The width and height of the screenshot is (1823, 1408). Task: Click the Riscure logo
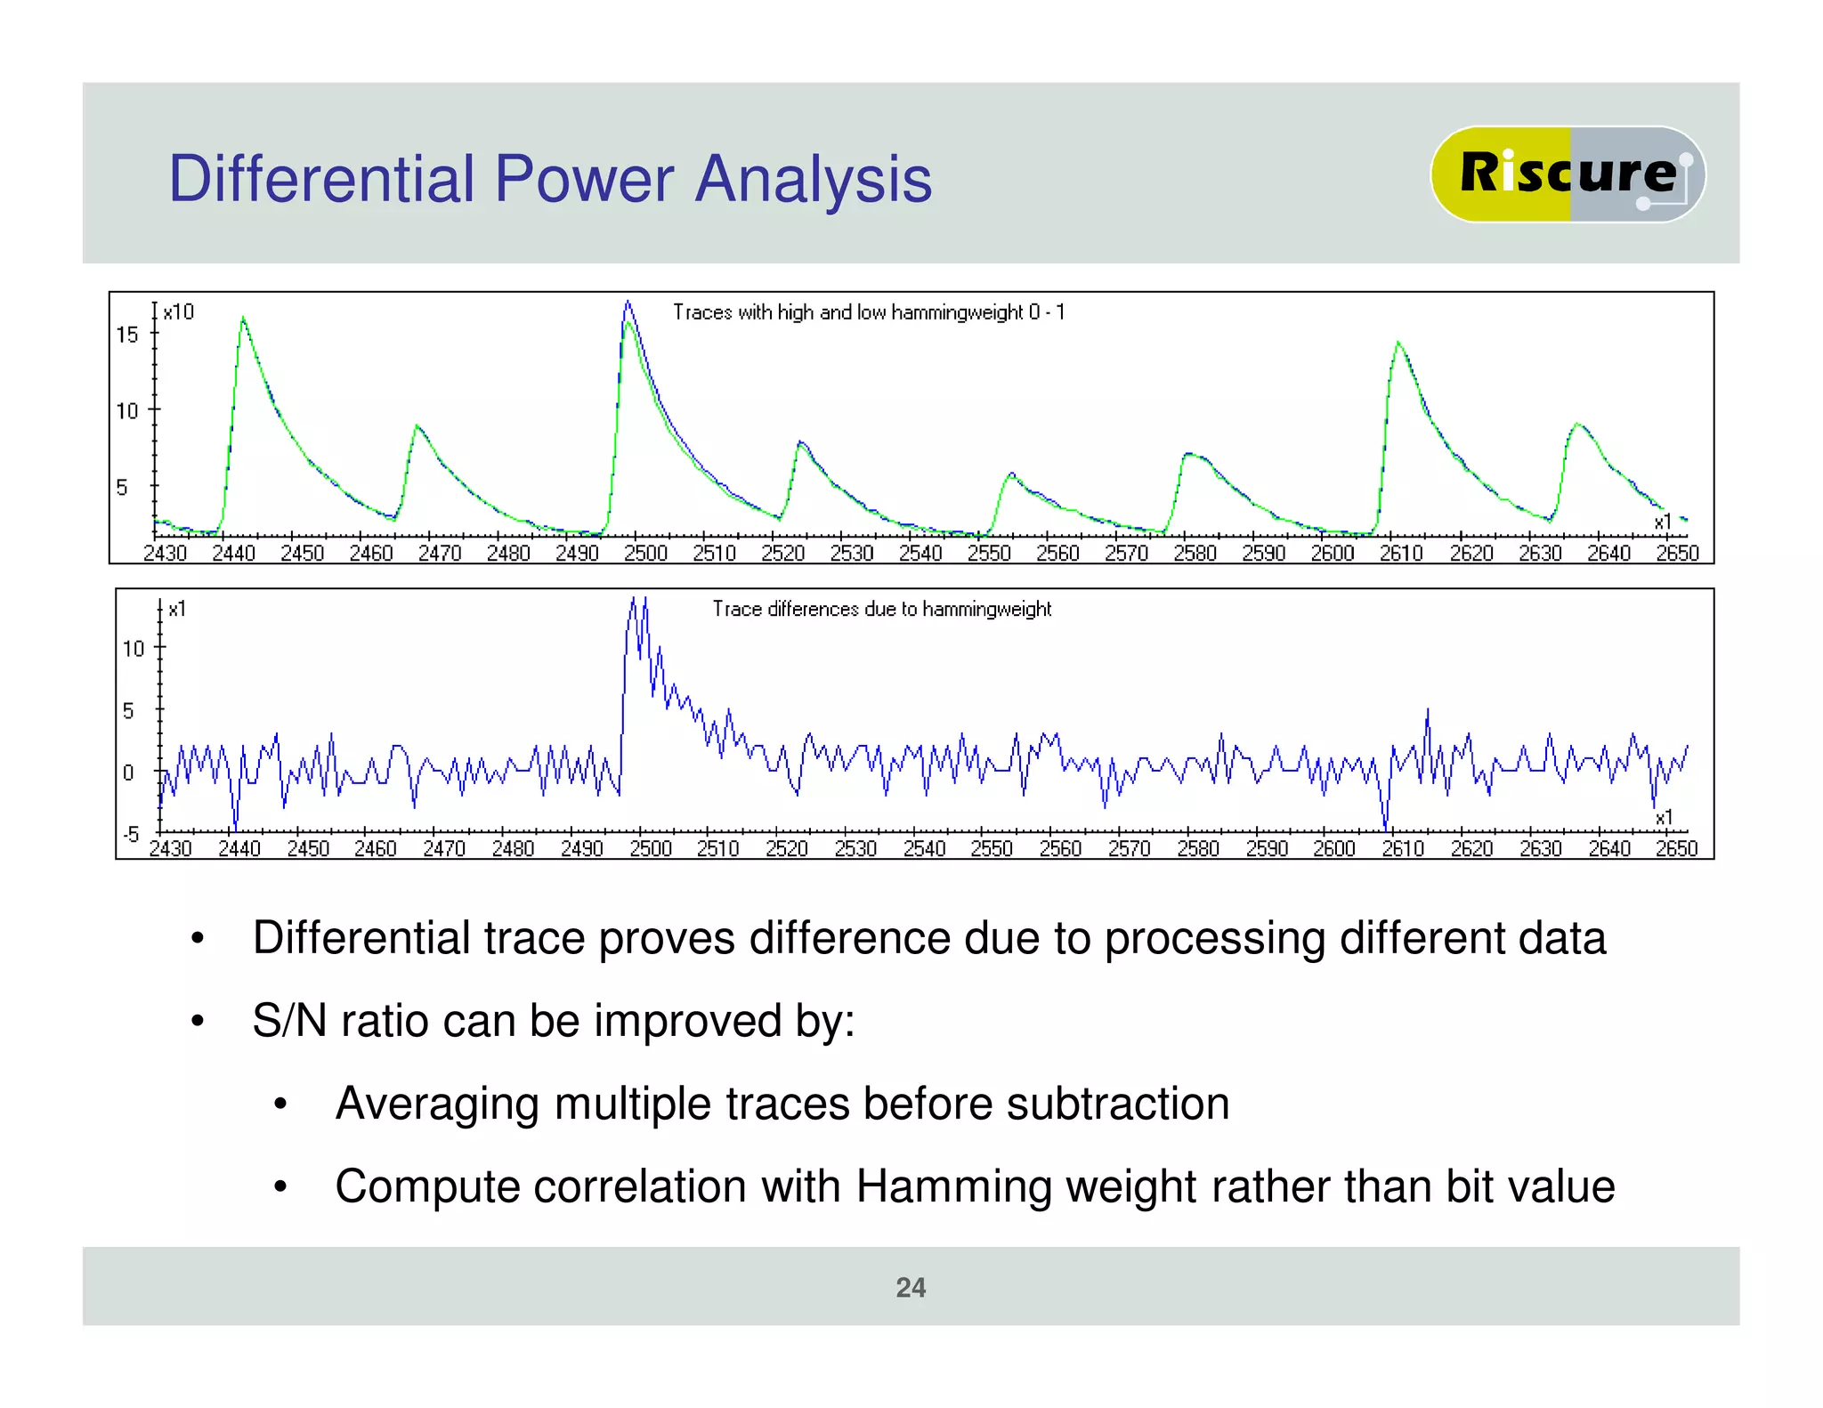pyautogui.click(x=1567, y=174)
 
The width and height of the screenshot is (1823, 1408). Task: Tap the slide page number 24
pyautogui.click(x=911, y=1288)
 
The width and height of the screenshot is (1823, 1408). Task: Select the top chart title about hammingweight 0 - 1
pyautogui.click(x=868, y=312)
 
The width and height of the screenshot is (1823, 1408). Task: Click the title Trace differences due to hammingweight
pyautogui.click(x=881, y=609)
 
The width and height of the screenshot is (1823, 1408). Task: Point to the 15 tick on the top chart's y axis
pyautogui.click(x=128, y=335)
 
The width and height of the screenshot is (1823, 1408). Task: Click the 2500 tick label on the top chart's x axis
pyautogui.click(x=645, y=554)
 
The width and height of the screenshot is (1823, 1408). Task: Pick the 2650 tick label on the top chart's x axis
pyautogui.click(x=1677, y=554)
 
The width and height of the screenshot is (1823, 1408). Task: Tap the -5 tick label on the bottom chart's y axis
pyautogui.click(x=131, y=834)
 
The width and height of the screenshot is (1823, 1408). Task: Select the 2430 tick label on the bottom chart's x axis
pyautogui.click(x=170, y=849)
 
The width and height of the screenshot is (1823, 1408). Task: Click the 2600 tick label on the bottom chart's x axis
pyautogui.click(x=1334, y=849)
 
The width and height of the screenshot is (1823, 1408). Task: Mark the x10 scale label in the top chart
pyautogui.click(x=179, y=312)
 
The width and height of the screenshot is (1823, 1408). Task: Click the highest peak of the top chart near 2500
pyautogui.click(x=628, y=303)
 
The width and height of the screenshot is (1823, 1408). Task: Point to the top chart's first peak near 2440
pyautogui.click(x=243, y=318)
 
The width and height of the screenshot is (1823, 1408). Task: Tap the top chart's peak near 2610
pyautogui.click(x=1398, y=343)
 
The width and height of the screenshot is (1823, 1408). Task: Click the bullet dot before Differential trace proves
pyautogui.click(x=198, y=939)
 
